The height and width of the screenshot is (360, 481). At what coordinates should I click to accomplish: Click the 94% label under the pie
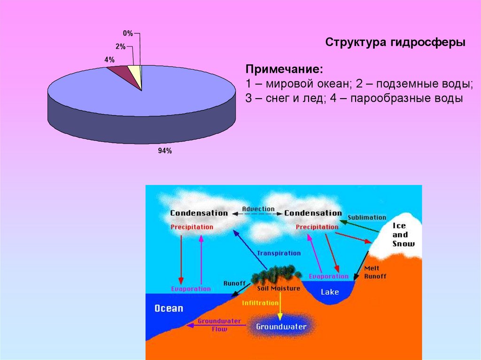[165, 151]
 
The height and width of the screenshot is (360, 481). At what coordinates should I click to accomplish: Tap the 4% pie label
[109, 60]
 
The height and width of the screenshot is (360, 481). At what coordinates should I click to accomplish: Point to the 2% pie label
[120, 46]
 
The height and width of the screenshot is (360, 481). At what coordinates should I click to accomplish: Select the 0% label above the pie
[128, 33]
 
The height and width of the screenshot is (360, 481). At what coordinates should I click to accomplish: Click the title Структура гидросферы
[396, 42]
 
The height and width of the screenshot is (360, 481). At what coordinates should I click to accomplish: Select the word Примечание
[284, 69]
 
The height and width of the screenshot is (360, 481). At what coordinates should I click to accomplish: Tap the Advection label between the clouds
[258, 209]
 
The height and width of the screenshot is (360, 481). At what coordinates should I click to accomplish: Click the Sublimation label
[366, 218]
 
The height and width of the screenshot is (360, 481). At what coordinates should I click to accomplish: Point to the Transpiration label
[279, 253]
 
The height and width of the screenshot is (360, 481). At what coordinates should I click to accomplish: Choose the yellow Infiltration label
[260, 303]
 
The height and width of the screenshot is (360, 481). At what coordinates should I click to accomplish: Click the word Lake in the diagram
[329, 292]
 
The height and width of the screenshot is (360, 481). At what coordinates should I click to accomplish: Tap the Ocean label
[169, 308]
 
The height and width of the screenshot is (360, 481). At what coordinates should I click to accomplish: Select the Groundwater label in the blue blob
[281, 326]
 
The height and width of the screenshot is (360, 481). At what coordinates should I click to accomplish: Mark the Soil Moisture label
[279, 288]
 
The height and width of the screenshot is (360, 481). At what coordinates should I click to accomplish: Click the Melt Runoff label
[375, 273]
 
